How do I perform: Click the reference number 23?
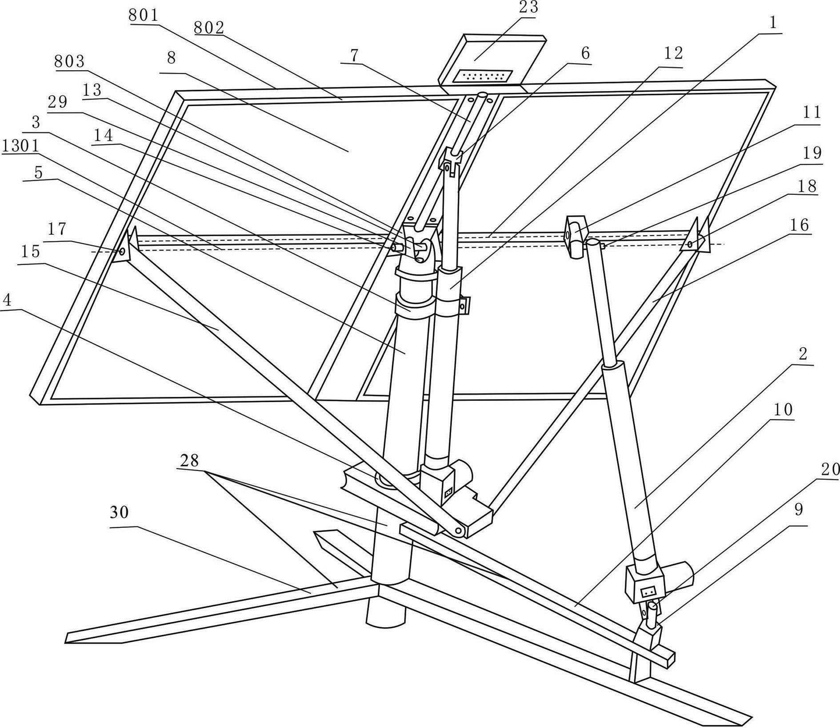pyautogui.click(x=525, y=8)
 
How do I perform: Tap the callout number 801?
pyautogui.click(x=143, y=16)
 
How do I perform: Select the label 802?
pyautogui.click(x=208, y=28)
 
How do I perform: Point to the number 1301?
pyautogui.click(x=20, y=145)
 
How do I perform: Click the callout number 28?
pyautogui.click(x=189, y=460)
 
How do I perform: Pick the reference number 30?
pyautogui.click(x=119, y=512)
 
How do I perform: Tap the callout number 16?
pyautogui.click(x=799, y=225)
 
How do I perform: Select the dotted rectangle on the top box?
pyautogui.click(x=483, y=76)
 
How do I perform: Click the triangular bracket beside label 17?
pyautogui.click(x=127, y=248)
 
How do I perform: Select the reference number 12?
pyautogui.click(x=672, y=53)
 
